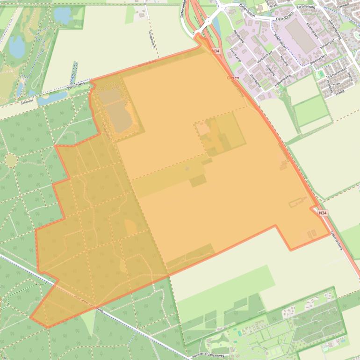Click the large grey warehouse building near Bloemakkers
tap(301, 36)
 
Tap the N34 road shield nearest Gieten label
tap(216, 51)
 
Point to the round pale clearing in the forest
tap(11, 160)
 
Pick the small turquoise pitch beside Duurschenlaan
tap(320, 74)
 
